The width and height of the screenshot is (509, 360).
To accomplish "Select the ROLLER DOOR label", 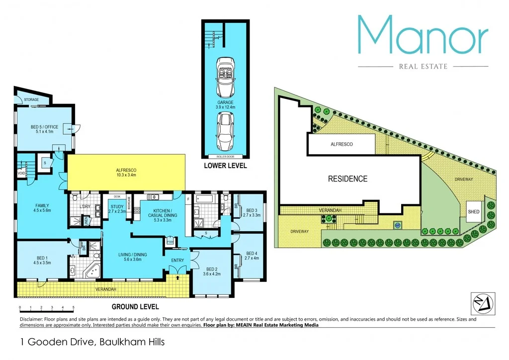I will (x=225, y=156).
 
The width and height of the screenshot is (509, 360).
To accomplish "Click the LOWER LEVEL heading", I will (x=225, y=166).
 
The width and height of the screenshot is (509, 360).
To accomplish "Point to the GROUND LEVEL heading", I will (x=135, y=307).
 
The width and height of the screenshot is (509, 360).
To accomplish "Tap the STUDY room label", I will (x=117, y=208).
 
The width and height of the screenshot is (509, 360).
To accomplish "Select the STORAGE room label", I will (x=31, y=100).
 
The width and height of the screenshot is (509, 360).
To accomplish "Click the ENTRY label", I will (x=177, y=260).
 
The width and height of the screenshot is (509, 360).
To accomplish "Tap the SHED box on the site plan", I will (x=473, y=212).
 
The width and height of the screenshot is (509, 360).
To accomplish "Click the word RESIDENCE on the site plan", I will (x=347, y=179).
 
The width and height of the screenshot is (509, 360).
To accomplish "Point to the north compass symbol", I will (x=481, y=301).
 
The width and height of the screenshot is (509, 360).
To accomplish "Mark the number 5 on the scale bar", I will (x=73, y=308).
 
